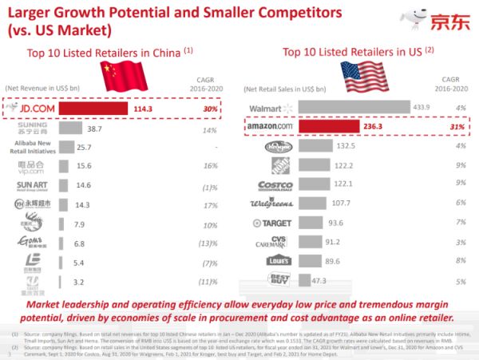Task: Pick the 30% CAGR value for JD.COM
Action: (x=210, y=109)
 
